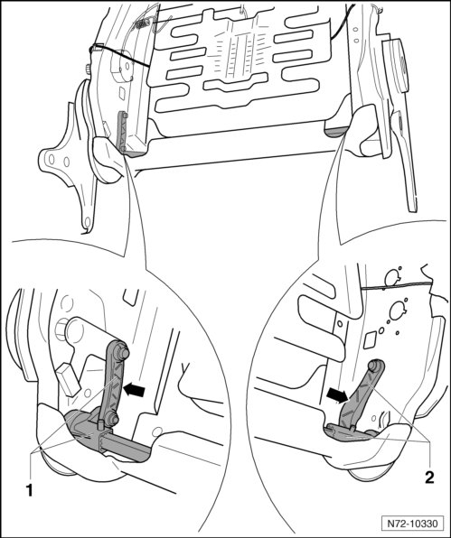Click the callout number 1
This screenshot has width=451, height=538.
(x=30, y=489)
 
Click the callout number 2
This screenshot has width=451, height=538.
(x=429, y=477)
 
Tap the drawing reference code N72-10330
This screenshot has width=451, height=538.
(x=412, y=524)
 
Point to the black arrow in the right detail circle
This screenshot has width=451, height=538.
(x=337, y=395)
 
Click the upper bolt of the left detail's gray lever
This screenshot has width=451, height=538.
(x=123, y=353)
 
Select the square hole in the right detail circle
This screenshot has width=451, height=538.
(x=371, y=340)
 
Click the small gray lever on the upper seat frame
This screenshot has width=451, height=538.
(x=122, y=131)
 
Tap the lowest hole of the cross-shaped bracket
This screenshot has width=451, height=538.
(x=88, y=222)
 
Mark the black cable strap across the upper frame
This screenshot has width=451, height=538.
(x=119, y=55)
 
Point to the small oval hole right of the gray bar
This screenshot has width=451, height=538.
(x=158, y=431)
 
